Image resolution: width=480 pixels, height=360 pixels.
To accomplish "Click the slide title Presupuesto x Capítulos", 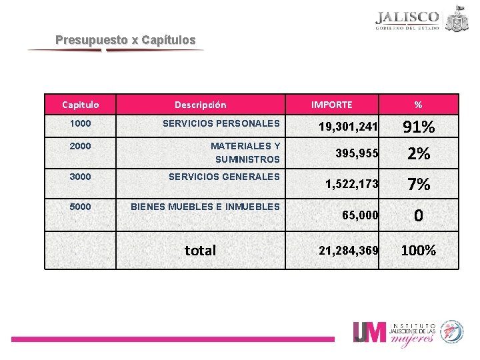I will pyautogui.click(x=125, y=40).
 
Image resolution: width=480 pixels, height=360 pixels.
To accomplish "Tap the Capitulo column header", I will pyautogui.click(x=80, y=105).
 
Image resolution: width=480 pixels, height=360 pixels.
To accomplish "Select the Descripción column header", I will pyautogui.click(x=200, y=105).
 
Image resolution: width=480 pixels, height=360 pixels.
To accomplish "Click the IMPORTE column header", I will pyautogui.click(x=332, y=105).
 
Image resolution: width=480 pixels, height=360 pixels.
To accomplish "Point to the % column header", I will pyautogui.click(x=418, y=105).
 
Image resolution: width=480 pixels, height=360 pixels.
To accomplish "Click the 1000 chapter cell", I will pyautogui.click(x=80, y=123).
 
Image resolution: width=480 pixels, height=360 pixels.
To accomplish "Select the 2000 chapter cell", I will pyautogui.click(x=80, y=146).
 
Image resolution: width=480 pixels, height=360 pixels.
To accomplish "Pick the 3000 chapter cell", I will pyautogui.click(x=80, y=177).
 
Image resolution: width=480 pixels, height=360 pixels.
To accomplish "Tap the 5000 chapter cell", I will pyautogui.click(x=80, y=207).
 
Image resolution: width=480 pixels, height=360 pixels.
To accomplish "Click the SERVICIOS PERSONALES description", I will pyautogui.click(x=221, y=123).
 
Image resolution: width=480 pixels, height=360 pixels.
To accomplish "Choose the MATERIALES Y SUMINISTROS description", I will pyautogui.click(x=245, y=153).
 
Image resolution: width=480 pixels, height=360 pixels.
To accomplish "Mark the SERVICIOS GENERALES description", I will pyautogui.click(x=224, y=177).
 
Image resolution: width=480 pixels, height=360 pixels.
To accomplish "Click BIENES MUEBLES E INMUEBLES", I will pyautogui.click(x=205, y=207).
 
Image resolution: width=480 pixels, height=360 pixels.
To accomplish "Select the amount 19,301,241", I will pyautogui.click(x=348, y=127).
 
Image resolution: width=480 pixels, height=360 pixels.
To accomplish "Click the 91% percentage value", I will pyautogui.click(x=418, y=127).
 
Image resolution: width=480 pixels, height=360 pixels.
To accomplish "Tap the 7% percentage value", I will pyautogui.click(x=418, y=183).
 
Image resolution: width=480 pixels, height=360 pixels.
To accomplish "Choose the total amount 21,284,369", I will pyautogui.click(x=348, y=251).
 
